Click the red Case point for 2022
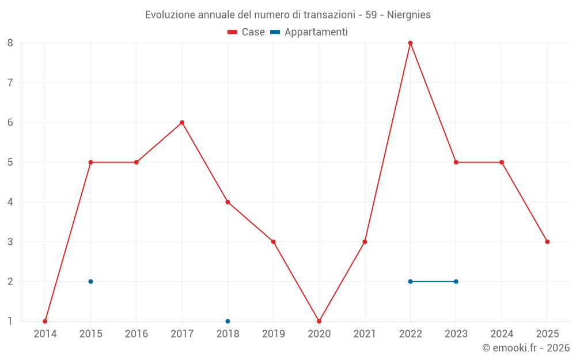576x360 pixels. [x=410, y=43]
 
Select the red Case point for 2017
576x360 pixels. [x=182, y=123]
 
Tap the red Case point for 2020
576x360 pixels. [x=319, y=321]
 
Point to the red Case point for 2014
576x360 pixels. [x=45, y=321]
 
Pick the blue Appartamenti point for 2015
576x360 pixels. [x=91, y=282]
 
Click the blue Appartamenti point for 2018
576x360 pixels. [x=228, y=321]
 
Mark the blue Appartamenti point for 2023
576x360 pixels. [x=456, y=282]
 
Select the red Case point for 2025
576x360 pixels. [x=547, y=242]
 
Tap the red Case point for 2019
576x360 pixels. [x=273, y=242]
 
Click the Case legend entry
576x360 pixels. [x=246, y=32]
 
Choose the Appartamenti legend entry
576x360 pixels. [x=309, y=32]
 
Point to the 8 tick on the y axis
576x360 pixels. [x=10, y=43]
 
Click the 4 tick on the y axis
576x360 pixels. [x=10, y=202]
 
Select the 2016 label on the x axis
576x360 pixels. [x=137, y=334]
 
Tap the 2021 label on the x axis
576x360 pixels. [x=365, y=334]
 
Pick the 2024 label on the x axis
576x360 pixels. [x=502, y=334]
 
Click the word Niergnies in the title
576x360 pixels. [x=409, y=15]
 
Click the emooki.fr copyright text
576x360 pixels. [x=526, y=347]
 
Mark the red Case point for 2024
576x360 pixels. [x=502, y=162]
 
